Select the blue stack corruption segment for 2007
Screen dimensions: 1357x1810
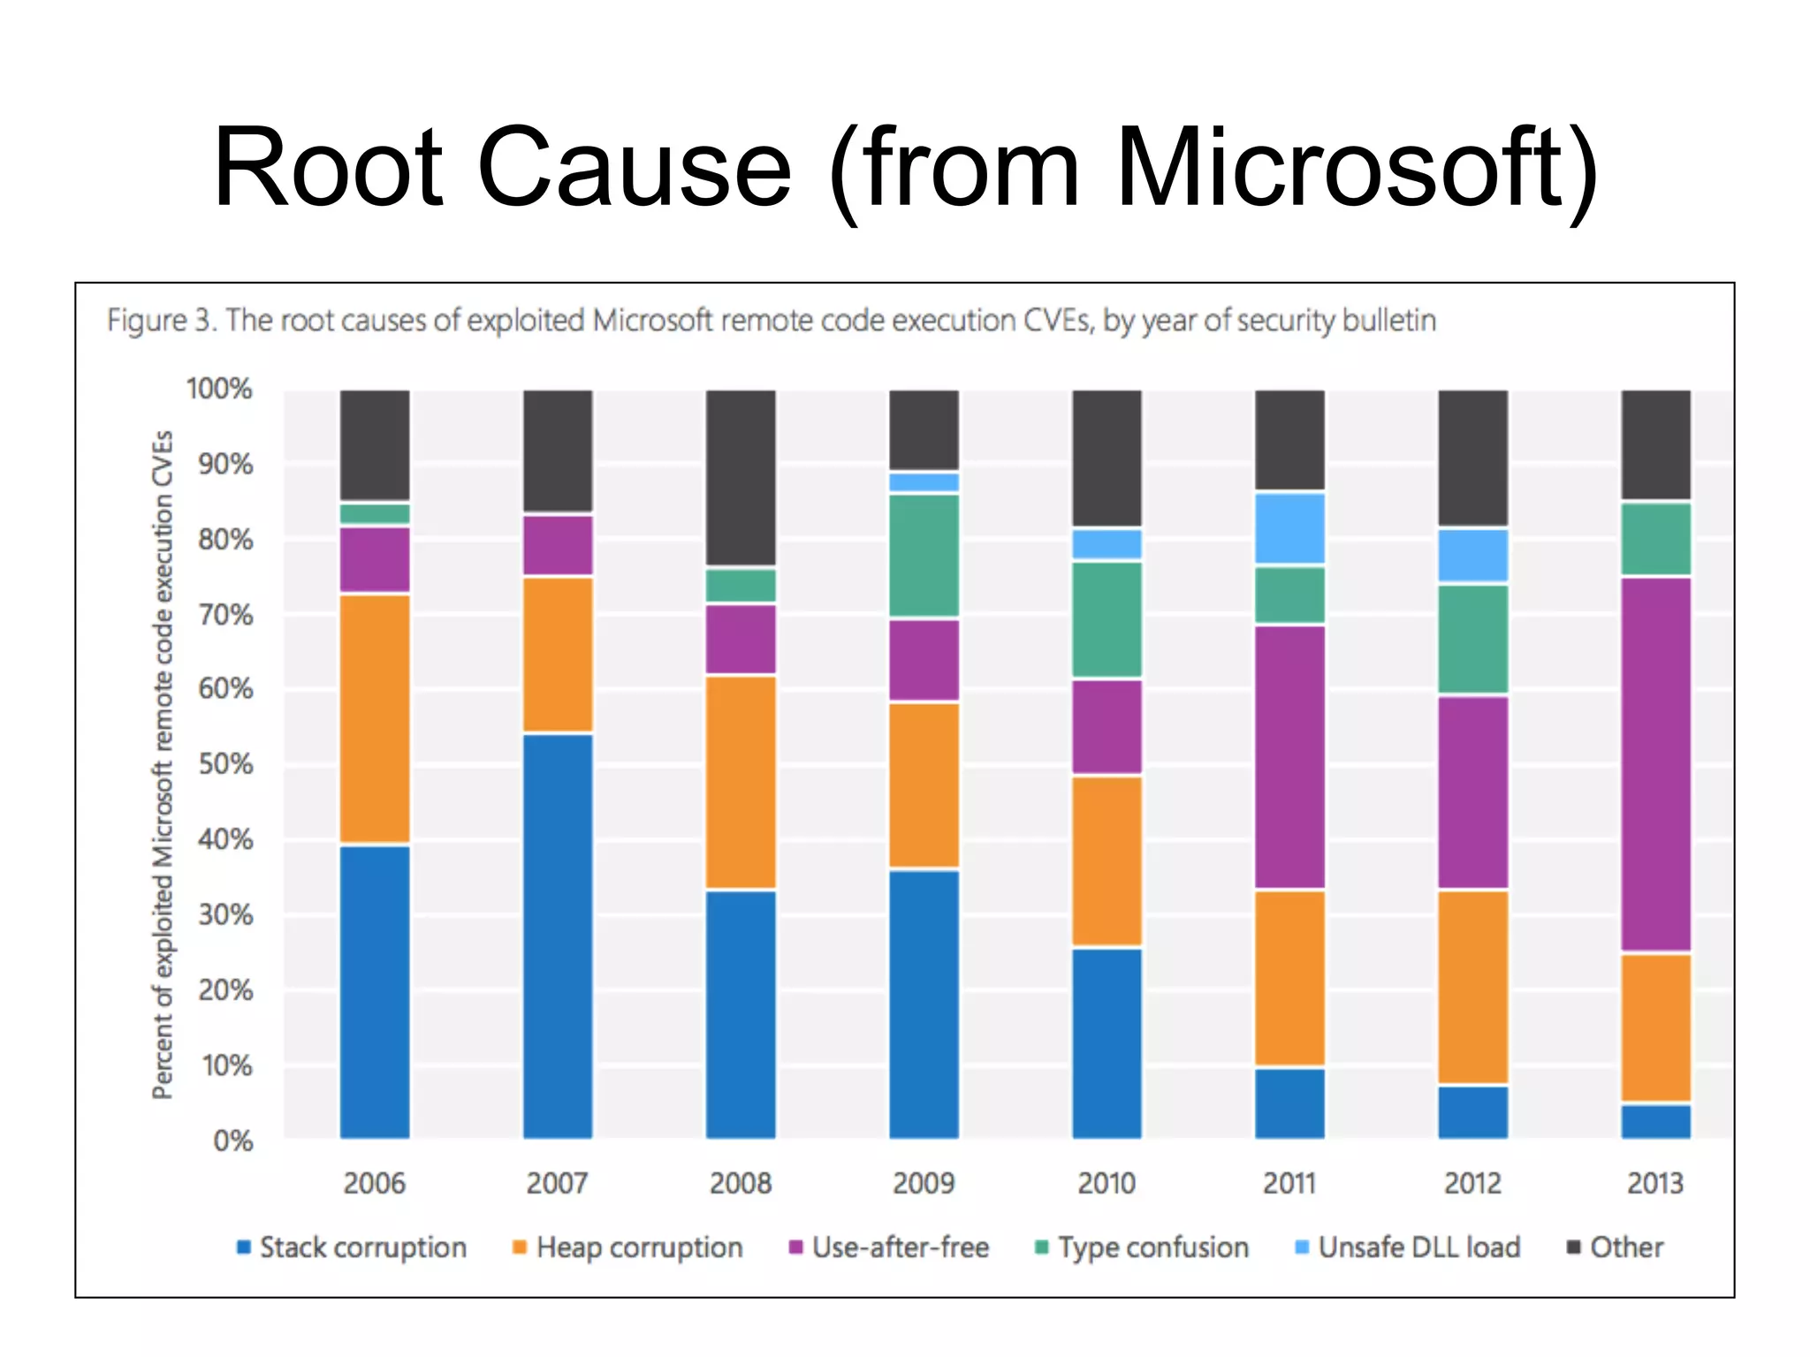pyautogui.click(x=558, y=935)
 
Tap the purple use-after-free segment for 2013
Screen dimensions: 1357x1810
pyautogui.click(x=1655, y=764)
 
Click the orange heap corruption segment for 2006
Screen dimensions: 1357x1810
pyautogui.click(x=375, y=719)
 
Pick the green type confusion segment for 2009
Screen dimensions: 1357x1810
pyautogui.click(x=924, y=555)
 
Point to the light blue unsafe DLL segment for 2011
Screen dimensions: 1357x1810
pyautogui.click(x=1289, y=528)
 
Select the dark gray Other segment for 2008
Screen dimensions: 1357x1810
pyautogui.click(x=741, y=477)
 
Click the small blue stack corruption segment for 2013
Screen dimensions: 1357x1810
pyautogui.click(x=1655, y=1120)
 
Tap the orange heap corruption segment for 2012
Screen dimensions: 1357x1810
pyautogui.click(x=1472, y=987)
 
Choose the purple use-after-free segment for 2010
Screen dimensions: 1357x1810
pyautogui.click(x=1107, y=726)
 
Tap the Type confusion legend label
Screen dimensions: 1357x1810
pyautogui.click(x=1152, y=1247)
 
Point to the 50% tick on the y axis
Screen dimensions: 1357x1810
pyautogui.click(x=226, y=764)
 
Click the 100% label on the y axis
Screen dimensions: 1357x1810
pyautogui.click(x=219, y=389)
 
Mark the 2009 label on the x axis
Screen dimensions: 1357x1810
pyautogui.click(x=924, y=1183)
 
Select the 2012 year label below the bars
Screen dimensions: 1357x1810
pyautogui.click(x=1472, y=1183)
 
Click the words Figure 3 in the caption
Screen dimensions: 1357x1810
pyautogui.click(x=160, y=320)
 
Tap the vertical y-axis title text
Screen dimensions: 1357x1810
pyautogui.click(x=163, y=764)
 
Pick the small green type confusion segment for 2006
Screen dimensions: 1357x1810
pyautogui.click(x=375, y=513)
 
